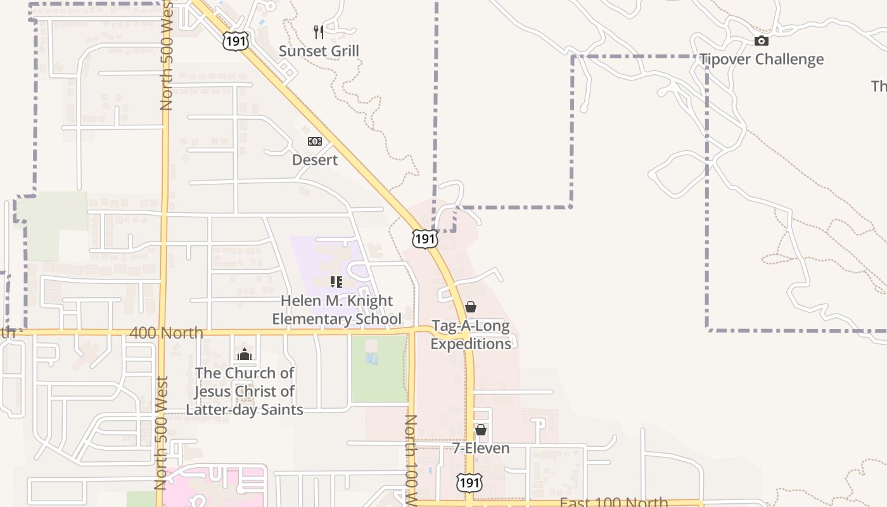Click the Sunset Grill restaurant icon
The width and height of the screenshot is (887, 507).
[319, 32]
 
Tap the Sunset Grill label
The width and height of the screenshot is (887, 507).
[319, 51]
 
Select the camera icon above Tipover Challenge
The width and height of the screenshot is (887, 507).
[761, 41]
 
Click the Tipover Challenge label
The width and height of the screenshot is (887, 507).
[761, 60]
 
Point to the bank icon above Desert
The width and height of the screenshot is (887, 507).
[315, 141]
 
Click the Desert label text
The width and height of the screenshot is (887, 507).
[315, 160]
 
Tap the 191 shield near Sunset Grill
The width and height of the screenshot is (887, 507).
[235, 42]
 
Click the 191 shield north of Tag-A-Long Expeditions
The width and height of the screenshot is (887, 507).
[424, 238]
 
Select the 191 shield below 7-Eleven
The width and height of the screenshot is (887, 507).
[469, 483]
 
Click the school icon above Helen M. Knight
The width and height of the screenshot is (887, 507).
[336, 282]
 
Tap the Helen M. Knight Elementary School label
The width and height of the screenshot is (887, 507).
[336, 310]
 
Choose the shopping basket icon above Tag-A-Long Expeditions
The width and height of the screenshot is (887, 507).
[471, 307]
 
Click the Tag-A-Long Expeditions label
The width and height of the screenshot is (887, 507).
[471, 335]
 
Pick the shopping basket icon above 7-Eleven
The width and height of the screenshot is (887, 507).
[481, 430]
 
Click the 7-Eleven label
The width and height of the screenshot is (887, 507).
[481, 449]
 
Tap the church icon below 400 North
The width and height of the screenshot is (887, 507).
[245, 354]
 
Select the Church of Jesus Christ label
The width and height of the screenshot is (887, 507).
[245, 391]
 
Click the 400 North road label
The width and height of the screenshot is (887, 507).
[166, 333]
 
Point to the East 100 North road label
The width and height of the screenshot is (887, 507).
[613, 502]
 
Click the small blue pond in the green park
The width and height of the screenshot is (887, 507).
[372, 359]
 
